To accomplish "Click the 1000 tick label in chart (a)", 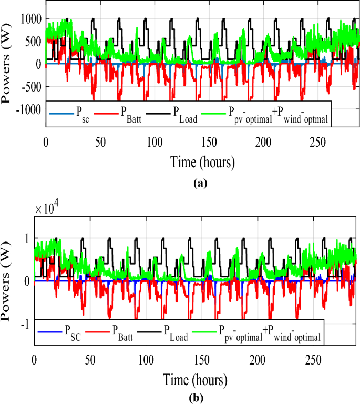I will pyautogui.click(x=30, y=19).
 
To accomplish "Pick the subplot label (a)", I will pyautogui.click(x=201, y=184).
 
